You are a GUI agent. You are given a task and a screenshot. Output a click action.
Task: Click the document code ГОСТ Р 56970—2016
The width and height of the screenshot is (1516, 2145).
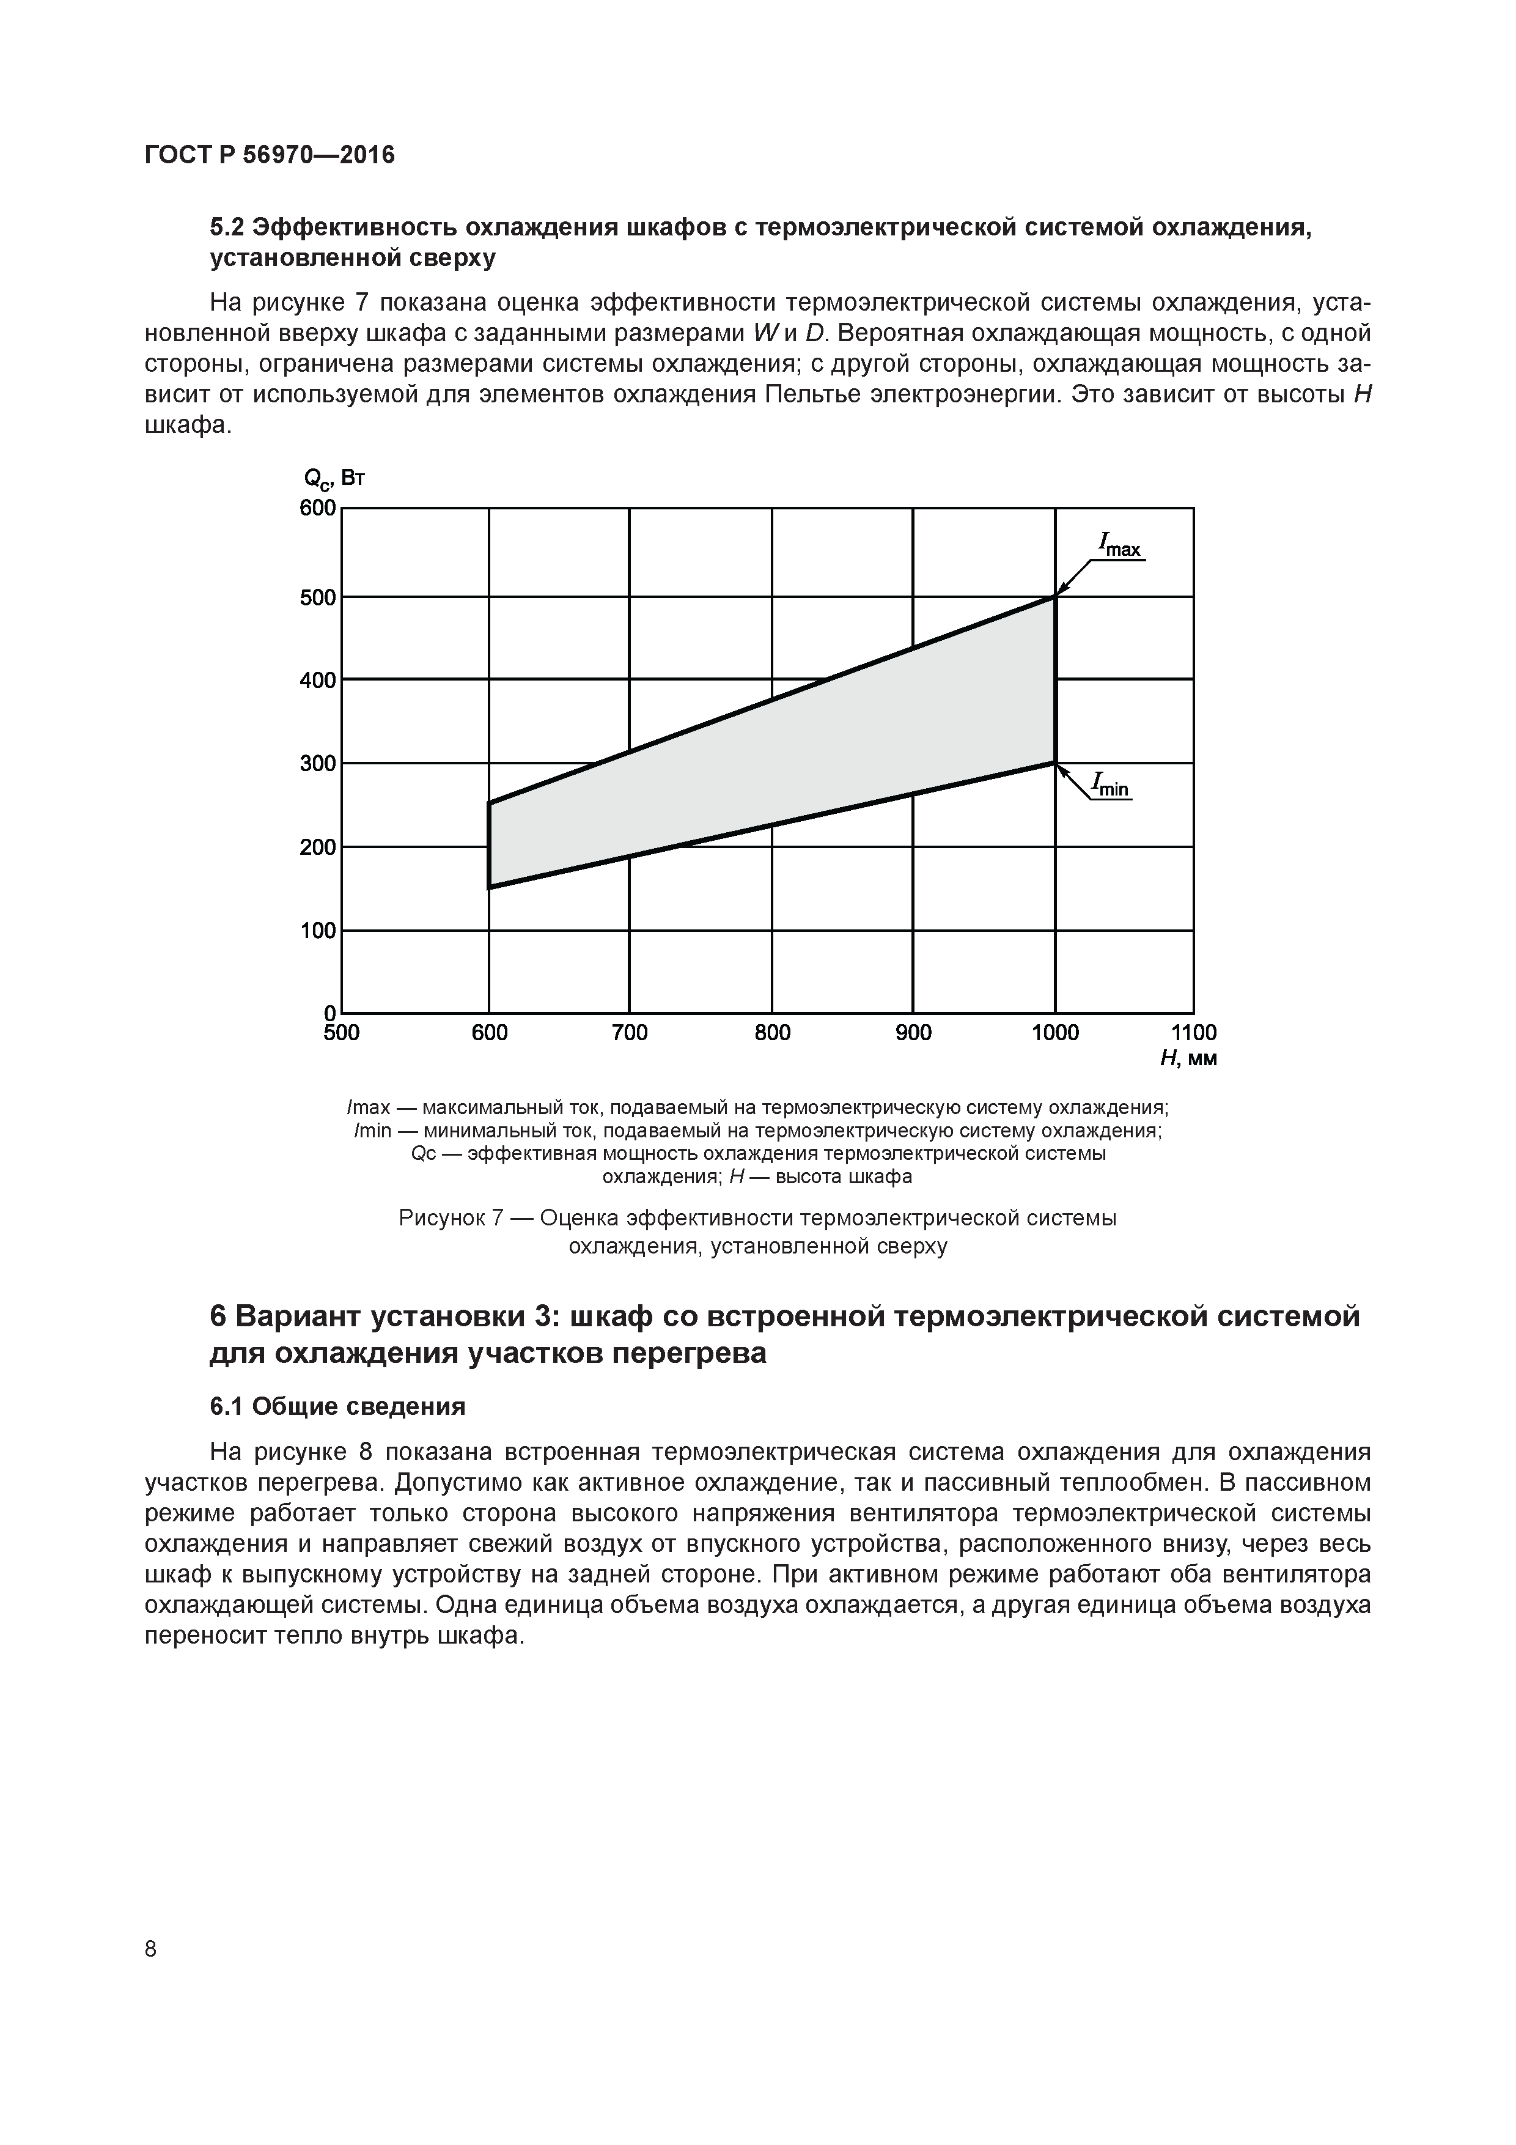tap(270, 155)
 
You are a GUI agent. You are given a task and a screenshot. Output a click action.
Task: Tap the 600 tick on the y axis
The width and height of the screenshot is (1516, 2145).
tap(318, 508)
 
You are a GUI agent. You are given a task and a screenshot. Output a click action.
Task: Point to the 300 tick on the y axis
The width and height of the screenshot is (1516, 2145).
tap(318, 763)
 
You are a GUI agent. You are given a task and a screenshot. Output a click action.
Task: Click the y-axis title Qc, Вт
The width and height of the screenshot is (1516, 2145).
tap(334, 479)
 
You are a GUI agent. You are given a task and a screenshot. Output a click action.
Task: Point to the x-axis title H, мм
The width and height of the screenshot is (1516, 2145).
tap(1188, 1058)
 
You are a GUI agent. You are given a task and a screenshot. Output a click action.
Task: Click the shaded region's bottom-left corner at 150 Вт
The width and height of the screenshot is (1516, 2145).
tap(488, 887)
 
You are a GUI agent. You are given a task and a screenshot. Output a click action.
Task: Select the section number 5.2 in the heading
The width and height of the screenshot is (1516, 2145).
tap(228, 229)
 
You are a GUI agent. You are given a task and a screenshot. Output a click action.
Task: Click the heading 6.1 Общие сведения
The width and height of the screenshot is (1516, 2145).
tap(337, 1406)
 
